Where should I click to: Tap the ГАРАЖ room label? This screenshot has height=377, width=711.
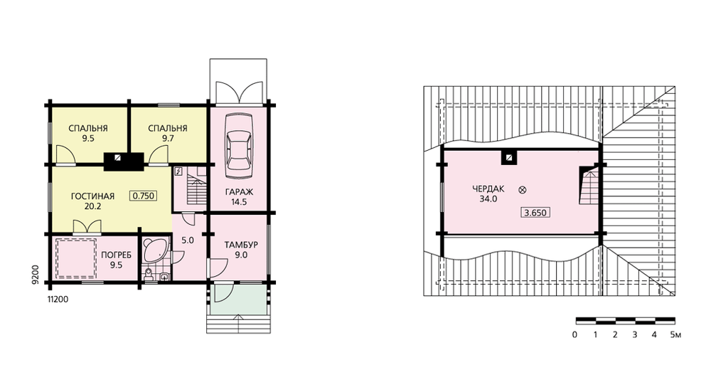click(x=239, y=192)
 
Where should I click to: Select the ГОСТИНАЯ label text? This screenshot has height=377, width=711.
click(x=92, y=196)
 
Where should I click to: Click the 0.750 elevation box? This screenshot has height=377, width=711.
click(x=144, y=196)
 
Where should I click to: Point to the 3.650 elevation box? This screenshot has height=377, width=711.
click(x=535, y=212)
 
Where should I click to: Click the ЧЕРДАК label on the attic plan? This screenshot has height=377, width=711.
click(x=488, y=188)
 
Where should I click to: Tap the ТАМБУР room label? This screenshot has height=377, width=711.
click(x=241, y=245)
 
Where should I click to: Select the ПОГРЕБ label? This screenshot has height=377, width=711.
click(x=117, y=255)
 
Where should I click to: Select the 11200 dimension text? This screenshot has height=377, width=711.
click(x=58, y=299)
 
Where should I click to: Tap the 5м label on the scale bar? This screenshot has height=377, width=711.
click(x=675, y=335)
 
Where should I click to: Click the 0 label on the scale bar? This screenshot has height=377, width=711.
click(x=575, y=335)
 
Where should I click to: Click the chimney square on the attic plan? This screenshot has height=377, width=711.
click(x=510, y=158)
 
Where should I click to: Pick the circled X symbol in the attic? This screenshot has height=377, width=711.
click(x=522, y=190)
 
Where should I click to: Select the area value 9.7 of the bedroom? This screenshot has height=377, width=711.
click(x=168, y=139)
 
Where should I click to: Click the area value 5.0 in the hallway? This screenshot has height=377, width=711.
click(x=187, y=240)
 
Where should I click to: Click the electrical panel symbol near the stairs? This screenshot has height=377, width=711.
click(x=178, y=171)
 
